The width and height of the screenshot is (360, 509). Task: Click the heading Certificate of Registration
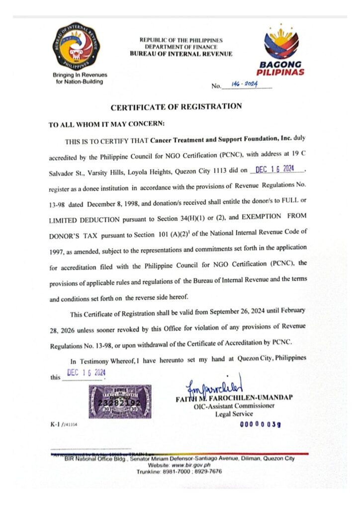pyautogui.click(x=176, y=106)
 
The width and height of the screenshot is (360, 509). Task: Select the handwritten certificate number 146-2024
pyautogui.click(x=242, y=85)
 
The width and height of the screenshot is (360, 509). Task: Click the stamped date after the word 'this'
pyautogui.click(x=86, y=373)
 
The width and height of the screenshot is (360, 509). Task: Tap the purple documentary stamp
pyautogui.click(x=120, y=401)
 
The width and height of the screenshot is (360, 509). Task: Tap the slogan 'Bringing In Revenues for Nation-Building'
pyautogui.click(x=80, y=78)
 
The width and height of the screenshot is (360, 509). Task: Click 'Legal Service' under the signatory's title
pyautogui.click(x=234, y=414)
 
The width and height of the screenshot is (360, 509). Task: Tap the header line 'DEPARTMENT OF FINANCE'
pyautogui.click(x=180, y=47)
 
